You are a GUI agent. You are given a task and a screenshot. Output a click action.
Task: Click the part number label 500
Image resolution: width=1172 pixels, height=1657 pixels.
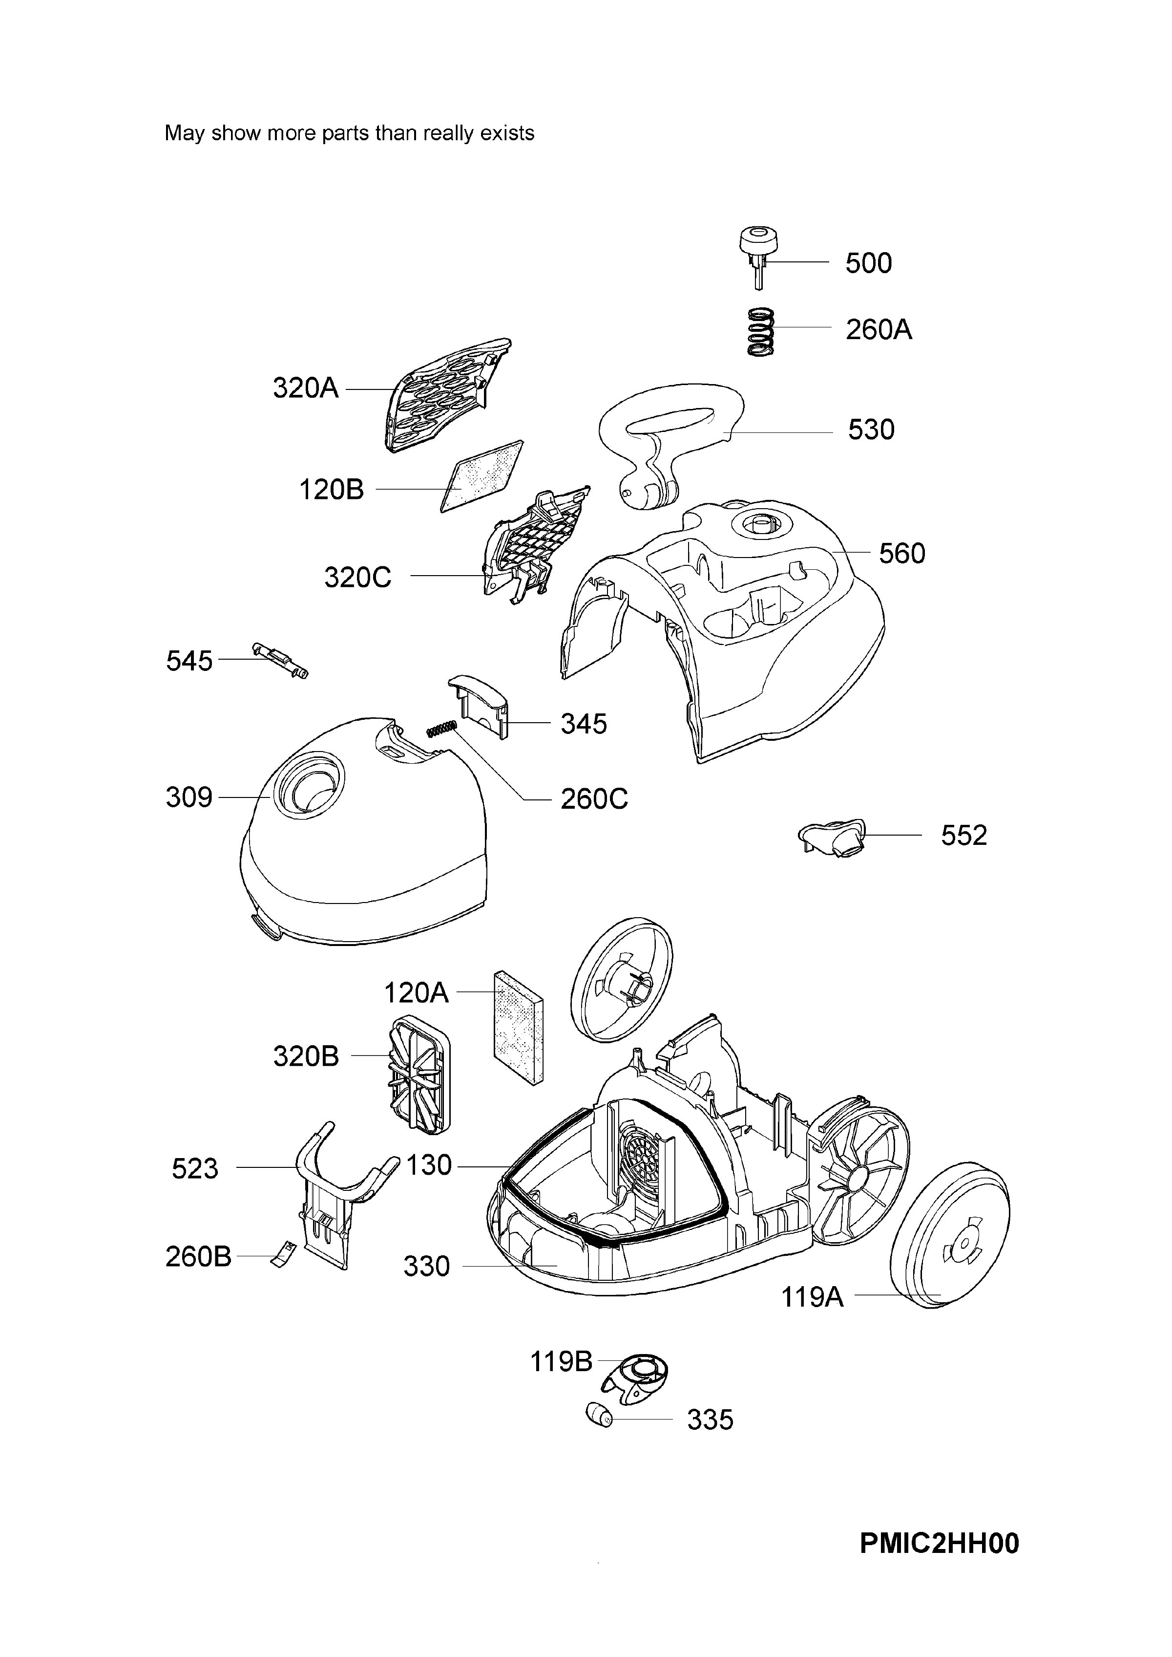point(868,263)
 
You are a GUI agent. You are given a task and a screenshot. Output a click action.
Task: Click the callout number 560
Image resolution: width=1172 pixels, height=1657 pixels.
point(902,554)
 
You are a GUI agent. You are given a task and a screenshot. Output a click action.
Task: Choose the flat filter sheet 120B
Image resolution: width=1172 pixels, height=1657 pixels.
point(482,476)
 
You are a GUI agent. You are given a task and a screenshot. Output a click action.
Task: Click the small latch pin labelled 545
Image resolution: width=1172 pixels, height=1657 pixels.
point(281,659)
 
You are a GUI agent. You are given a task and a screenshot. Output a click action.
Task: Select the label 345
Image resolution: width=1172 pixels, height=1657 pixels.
point(584,724)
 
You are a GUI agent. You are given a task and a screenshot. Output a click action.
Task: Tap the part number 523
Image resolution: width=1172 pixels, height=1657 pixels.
point(195,1169)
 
